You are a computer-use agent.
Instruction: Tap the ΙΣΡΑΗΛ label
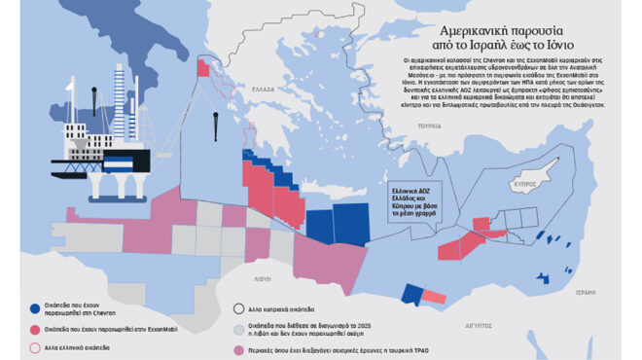pos(612,292)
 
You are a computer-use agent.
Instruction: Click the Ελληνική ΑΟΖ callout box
pos(410,195)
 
